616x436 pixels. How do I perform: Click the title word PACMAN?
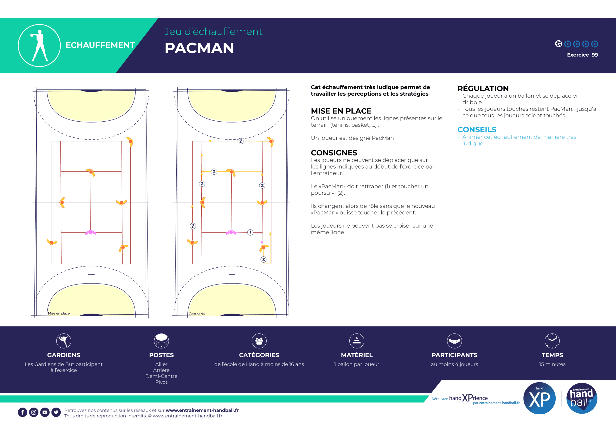click(199, 48)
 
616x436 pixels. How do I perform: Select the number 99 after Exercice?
click(595, 55)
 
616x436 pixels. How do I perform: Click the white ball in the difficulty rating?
click(558, 44)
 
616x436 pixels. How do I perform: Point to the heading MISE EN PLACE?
click(341, 111)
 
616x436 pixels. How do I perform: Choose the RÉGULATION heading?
click(483, 88)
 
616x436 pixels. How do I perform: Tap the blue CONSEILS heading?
click(477, 130)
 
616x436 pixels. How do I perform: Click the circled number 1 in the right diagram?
click(250, 232)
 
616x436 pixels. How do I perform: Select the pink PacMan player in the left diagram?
click(90, 232)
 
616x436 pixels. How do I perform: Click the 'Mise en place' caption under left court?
click(59, 313)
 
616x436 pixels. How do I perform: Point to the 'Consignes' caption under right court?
click(197, 313)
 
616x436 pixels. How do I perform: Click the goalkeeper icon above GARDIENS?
click(64, 341)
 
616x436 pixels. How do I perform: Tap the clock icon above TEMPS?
click(552, 341)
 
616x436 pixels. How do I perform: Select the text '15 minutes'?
click(552, 364)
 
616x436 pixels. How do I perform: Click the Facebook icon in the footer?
click(23, 412)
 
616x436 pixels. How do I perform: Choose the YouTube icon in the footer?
click(45, 412)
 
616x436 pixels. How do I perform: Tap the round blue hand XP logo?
click(539, 398)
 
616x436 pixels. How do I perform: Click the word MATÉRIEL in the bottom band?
click(357, 355)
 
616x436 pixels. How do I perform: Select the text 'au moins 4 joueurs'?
click(455, 364)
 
